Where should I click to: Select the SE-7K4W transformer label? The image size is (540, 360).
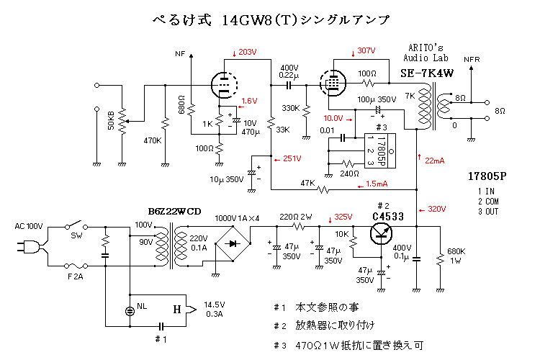(426, 73)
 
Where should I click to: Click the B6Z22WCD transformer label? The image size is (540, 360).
(175, 211)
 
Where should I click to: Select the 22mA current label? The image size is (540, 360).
(435, 160)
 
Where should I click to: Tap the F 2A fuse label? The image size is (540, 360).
(75, 276)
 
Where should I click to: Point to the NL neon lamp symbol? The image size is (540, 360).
(130, 310)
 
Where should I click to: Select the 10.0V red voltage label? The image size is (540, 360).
(333, 117)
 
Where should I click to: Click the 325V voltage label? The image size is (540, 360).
(343, 217)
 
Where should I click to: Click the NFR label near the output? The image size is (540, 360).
(472, 59)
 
